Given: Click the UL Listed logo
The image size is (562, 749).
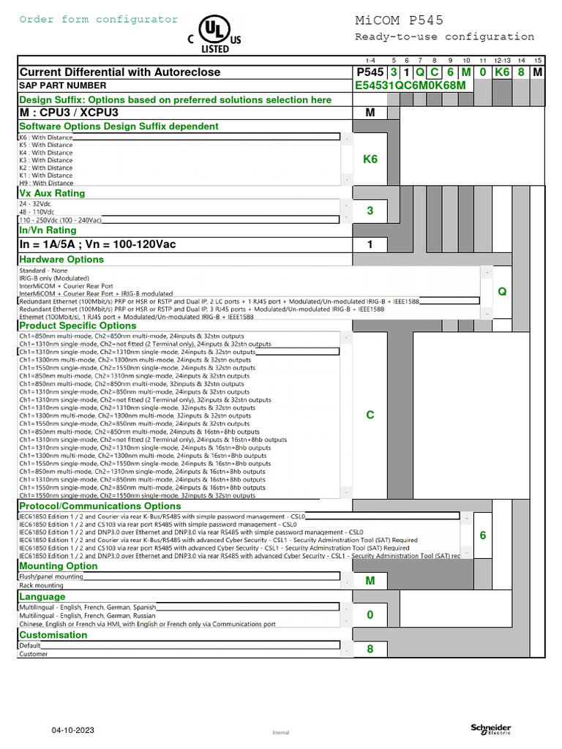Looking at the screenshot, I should pyautogui.click(x=214, y=35).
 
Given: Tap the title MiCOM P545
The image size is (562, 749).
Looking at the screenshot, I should pyautogui.click(x=399, y=20).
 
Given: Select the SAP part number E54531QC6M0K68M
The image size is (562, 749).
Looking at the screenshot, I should pyautogui.click(x=409, y=86).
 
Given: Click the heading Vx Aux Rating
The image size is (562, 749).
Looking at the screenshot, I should pyautogui.click(x=52, y=193).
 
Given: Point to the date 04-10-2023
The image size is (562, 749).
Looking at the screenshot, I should pyautogui.click(x=73, y=730).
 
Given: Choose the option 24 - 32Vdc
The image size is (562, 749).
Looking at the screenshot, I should pyautogui.click(x=35, y=203).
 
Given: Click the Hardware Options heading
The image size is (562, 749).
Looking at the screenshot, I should pyautogui.click(x=61, y=259).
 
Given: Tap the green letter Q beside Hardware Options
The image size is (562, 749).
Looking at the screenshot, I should pyautogui.click(x=502, y=291).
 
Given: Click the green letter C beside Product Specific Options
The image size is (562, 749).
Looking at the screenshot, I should pyautogui.click(x=370, y=415).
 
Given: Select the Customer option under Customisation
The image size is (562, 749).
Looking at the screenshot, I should pyautogui.click(x=33, y=654).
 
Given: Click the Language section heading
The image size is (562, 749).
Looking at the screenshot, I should pyautogui.click(x=42, y=597).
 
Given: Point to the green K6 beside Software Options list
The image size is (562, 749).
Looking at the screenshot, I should pyautogui.click(x=370, y=159).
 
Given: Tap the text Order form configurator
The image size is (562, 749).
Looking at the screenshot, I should pyautogui.click(x=98, y=20).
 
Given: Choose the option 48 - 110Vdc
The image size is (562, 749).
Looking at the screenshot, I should pyautogui.click(x=36, y=211).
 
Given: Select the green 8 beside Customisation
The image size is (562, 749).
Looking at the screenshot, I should pyautogui.click(x=370, y=649).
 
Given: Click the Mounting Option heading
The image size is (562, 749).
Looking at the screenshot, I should pyautogui.click(x=59, y=565).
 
